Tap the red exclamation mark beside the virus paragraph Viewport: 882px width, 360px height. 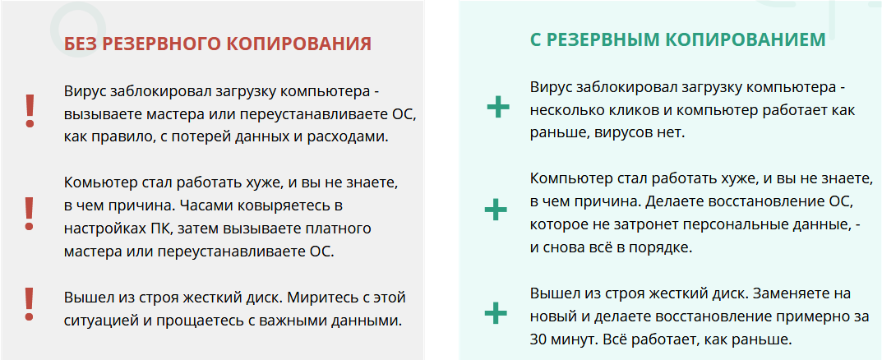[x=30, y=110]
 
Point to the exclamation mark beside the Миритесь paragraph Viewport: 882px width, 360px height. [x=30, y=303]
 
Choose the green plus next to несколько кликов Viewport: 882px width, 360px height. [x=497, y=108]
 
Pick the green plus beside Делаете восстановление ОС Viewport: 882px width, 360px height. [x=496, y=210]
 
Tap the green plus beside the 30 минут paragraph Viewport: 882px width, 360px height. [x=496, y=313]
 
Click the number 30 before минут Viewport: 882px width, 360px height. [x=540, y=339]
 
